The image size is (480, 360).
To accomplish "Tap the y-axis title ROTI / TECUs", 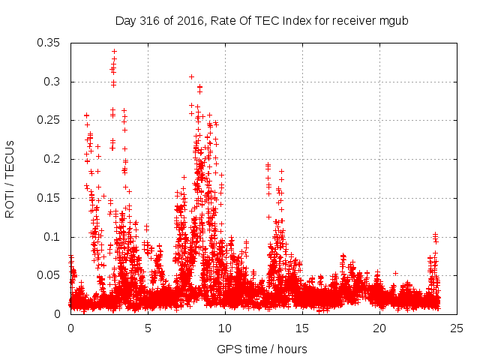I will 10,178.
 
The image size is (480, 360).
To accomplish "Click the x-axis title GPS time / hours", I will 261,349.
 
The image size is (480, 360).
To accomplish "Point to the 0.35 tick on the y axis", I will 49,43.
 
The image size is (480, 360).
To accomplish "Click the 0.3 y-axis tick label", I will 52,82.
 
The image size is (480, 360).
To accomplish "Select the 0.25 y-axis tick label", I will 49,120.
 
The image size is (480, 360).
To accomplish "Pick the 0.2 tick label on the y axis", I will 52,159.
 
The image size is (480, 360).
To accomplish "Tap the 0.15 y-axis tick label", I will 49,198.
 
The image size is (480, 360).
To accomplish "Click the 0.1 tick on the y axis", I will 52,237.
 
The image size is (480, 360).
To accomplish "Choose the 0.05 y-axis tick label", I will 49,275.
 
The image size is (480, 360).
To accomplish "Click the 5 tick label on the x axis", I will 148,328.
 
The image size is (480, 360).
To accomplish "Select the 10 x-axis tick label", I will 225,328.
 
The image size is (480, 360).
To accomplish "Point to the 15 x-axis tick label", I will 302,328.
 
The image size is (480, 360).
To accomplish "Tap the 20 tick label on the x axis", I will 379,328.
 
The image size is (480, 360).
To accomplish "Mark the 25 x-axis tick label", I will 457,328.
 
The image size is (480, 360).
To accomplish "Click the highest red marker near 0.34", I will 114,51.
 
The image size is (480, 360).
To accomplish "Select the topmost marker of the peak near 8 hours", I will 191,76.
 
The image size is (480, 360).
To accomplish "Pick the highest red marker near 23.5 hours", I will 435,235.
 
